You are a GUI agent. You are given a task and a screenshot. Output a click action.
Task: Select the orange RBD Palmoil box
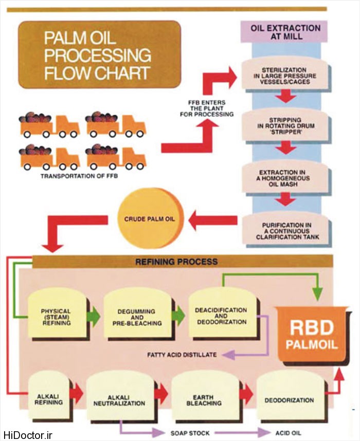click(312, 335)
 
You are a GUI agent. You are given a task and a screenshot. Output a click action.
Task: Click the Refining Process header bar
click(176, 261)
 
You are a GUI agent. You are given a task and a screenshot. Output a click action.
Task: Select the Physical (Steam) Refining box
click(56, 315)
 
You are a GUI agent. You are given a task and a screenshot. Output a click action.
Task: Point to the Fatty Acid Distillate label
click(182, 355)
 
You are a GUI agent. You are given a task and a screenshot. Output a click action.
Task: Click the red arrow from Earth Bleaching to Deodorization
click(246, 395)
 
